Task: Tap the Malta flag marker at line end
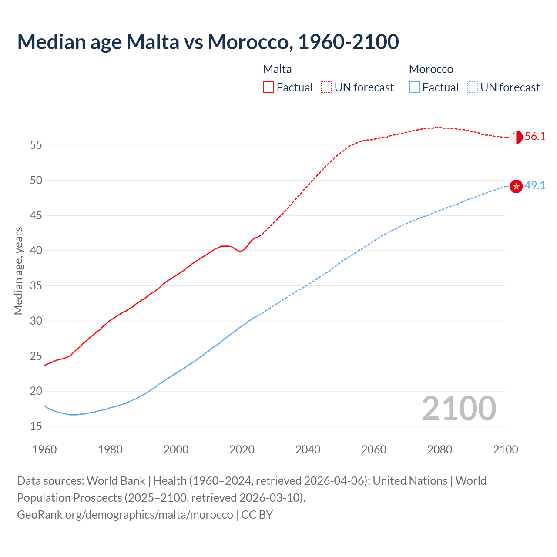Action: click(x=516, y=137)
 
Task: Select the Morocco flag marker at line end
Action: click(x=516, y=186)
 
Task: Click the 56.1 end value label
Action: click(x=535, y=137)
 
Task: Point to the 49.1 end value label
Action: click(x=535, y=186)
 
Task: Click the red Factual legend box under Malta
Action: click(x=268, y=87)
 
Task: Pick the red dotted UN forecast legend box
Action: click(x=326, y=87)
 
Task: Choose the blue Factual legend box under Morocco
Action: click(x=414, y=87)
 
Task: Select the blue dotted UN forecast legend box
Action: click(x=472, y=87)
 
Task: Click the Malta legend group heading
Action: click(x=277, y=69)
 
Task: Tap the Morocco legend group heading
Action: click(x=431, y=69)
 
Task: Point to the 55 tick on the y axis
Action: click(x=36, y=145)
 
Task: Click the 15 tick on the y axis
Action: click(x=36, y=426)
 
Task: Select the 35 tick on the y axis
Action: click(x=36, y=286)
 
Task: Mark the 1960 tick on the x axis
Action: click(x=44, y=450)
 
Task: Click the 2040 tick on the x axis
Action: click(x=308, y=450)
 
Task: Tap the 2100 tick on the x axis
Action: click(x=505, y=450)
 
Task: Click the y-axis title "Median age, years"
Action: click(x=18, y=271)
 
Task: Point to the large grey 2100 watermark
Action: click(x=459, y=409)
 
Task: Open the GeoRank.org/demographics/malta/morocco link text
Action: click(x=125, y=515)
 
